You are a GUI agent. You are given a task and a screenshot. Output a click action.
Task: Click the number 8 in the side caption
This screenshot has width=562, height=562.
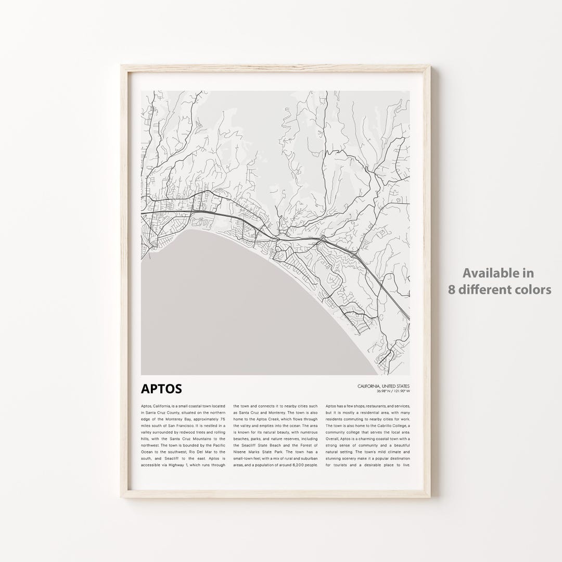point(452,290)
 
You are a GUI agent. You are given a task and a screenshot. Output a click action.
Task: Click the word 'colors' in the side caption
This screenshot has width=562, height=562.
point(531,290)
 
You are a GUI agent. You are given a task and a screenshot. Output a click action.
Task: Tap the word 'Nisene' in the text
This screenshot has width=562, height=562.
point(242,452)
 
